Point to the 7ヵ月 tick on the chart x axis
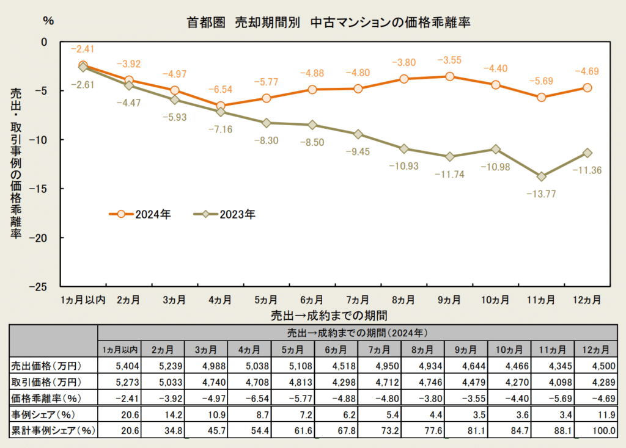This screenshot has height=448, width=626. click(358, 300)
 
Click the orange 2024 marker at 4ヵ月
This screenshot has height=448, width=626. click(220, 106)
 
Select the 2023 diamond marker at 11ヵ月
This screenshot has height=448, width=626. click(541, 176)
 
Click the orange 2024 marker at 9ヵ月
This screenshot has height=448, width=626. click(449, 76)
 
